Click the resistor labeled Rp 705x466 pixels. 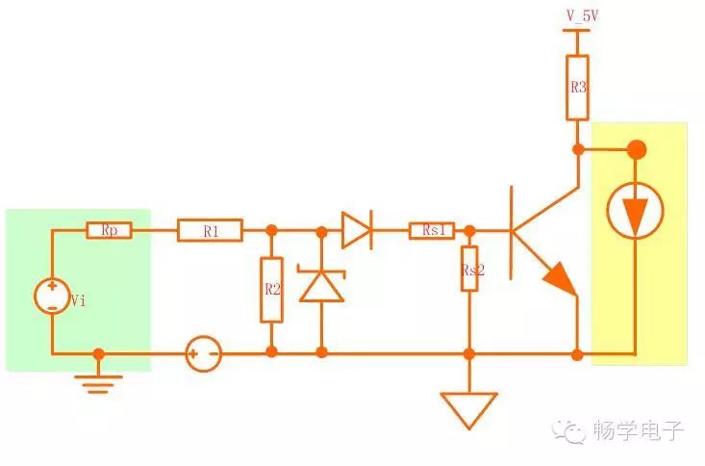coord(110,230)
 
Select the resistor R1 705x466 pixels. coord(210,230)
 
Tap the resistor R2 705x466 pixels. coord(271,290)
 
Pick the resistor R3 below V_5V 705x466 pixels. coord(577,88)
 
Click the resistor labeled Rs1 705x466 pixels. coord(432,230)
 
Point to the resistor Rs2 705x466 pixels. coord(469,269)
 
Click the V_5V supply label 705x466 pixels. coord(582,16)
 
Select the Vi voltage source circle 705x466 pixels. coord(52,296)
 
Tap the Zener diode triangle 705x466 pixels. coord(321,285)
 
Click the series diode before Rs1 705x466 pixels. coord(357,230)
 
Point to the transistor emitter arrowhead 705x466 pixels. coord(560,279)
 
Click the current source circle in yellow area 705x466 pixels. coord(635,210)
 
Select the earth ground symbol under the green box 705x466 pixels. coord(98,384)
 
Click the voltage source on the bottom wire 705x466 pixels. coord(204,354)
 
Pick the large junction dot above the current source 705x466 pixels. coord(636,150)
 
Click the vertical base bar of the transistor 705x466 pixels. coord(512,233)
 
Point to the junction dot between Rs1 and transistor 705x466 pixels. coord(469,231)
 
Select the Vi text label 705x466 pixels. coord(78,300)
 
